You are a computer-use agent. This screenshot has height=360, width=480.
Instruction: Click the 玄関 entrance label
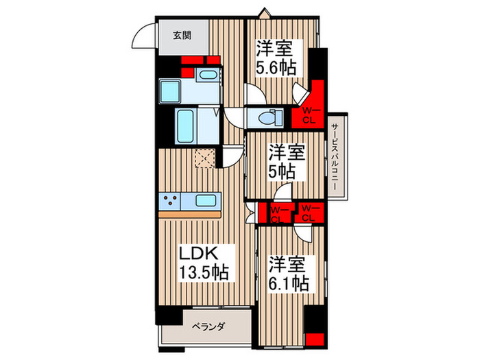tap(182, 36)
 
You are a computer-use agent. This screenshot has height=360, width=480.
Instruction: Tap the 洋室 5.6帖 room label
tap(276, 58)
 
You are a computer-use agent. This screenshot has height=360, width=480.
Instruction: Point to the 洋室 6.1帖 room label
tap(289, 274)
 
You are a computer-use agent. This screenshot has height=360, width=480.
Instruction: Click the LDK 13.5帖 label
tap(204, 263)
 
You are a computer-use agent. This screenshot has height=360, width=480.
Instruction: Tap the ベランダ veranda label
tap(208, 327)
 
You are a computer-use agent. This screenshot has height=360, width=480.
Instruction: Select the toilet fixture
tap(270, 118)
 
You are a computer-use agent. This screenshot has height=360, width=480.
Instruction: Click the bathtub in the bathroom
tap(186, 126)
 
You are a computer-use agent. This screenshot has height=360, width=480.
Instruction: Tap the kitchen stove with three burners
tap(170, 201)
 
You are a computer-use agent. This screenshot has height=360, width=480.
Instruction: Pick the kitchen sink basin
tap(206, 201)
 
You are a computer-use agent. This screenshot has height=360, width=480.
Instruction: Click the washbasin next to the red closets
tap(208, 75)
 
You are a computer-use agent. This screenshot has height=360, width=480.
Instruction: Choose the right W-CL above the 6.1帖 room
tap(309, 213)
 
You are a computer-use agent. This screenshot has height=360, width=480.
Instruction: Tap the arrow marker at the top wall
tap(263, 14)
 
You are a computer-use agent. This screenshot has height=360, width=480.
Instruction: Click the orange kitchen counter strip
tap(190, 214)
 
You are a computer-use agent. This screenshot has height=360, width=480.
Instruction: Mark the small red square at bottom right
tap(315, 339)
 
